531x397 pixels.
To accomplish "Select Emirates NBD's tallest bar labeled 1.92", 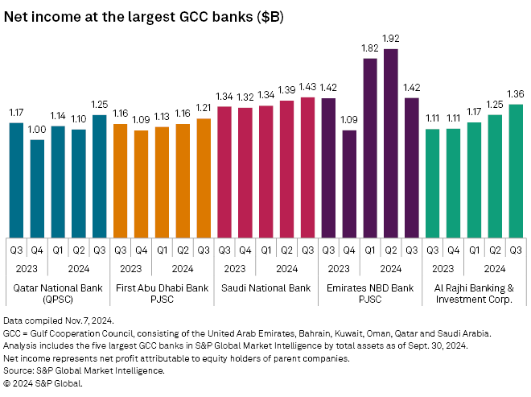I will [391, 141].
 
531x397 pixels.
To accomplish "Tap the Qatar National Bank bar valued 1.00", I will [37, 186].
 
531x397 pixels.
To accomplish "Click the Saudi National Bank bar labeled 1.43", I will [307, 165].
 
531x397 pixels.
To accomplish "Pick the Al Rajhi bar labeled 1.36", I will [516, 168].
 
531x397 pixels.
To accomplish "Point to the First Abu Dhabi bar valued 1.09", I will [141, 182].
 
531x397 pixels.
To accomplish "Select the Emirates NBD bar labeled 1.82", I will [370, 145].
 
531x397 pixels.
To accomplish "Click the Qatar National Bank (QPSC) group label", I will [58, 293].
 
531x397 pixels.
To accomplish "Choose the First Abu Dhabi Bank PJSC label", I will [162, 293].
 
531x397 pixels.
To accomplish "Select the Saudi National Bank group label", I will [265, 287].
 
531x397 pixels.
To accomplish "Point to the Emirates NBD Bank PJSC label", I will [370, 293].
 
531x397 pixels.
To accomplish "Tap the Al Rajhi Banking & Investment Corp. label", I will [474, 293].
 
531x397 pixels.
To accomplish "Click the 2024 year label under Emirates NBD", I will [391, 267].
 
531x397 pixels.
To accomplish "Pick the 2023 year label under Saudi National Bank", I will [234, 267].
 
